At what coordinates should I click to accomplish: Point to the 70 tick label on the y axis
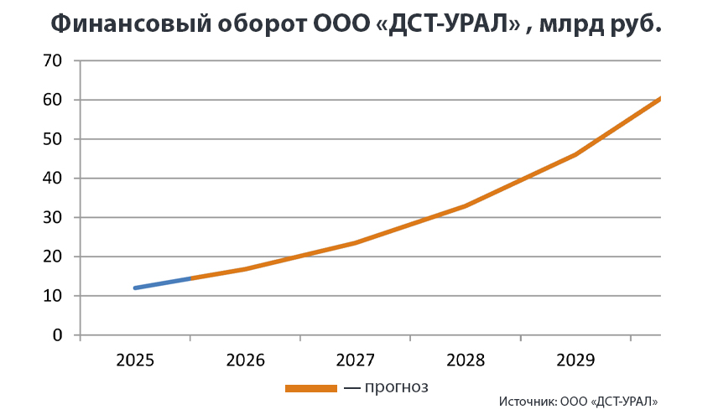click(x=52, y=60)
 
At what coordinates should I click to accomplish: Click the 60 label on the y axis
click(x=52, y=100)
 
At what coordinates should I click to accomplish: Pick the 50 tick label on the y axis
click(x=52, y=139)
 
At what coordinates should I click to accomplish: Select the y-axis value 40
click(x=52, y=179)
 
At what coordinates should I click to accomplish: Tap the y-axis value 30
click(x=52, y=217)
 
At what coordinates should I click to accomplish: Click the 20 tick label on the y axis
click(x=52, y=257)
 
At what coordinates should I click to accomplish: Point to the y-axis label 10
click(x=52, y=296)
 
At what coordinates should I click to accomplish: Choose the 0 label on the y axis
click(x=57, y=335)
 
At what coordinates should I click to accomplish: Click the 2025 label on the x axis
click(x=134, y=360)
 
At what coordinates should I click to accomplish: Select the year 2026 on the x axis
click(x=245, y=360)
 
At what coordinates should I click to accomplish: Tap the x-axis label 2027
click(x=355, y=360)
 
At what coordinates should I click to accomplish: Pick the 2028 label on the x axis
click(x=466, y=360)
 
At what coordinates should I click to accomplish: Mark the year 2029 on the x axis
click(x=575, y=360)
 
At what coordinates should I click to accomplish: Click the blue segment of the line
click(x=163, y=283)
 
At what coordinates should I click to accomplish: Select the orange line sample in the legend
click(x=310, y=388)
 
